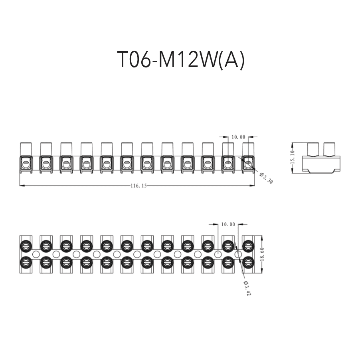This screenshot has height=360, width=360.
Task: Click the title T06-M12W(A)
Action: coord(180,60)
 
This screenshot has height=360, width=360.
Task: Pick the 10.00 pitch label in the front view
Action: coord(238,137)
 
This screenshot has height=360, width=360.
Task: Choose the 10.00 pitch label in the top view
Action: coord(228,224)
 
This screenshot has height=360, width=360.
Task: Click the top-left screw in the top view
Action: coord(26,245)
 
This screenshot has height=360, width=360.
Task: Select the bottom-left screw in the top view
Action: coord(26,262)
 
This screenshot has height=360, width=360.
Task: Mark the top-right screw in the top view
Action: coord(248,245)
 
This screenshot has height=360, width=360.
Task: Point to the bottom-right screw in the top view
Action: coord(248,262)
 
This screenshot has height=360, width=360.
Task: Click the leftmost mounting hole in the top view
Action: coord(36,254)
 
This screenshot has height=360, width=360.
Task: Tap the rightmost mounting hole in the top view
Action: coord(238,254)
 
